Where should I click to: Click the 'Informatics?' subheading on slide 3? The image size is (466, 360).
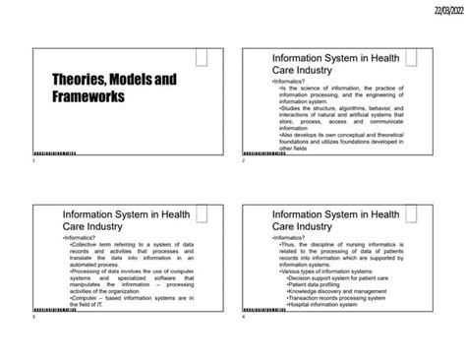(x=80, y=238)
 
